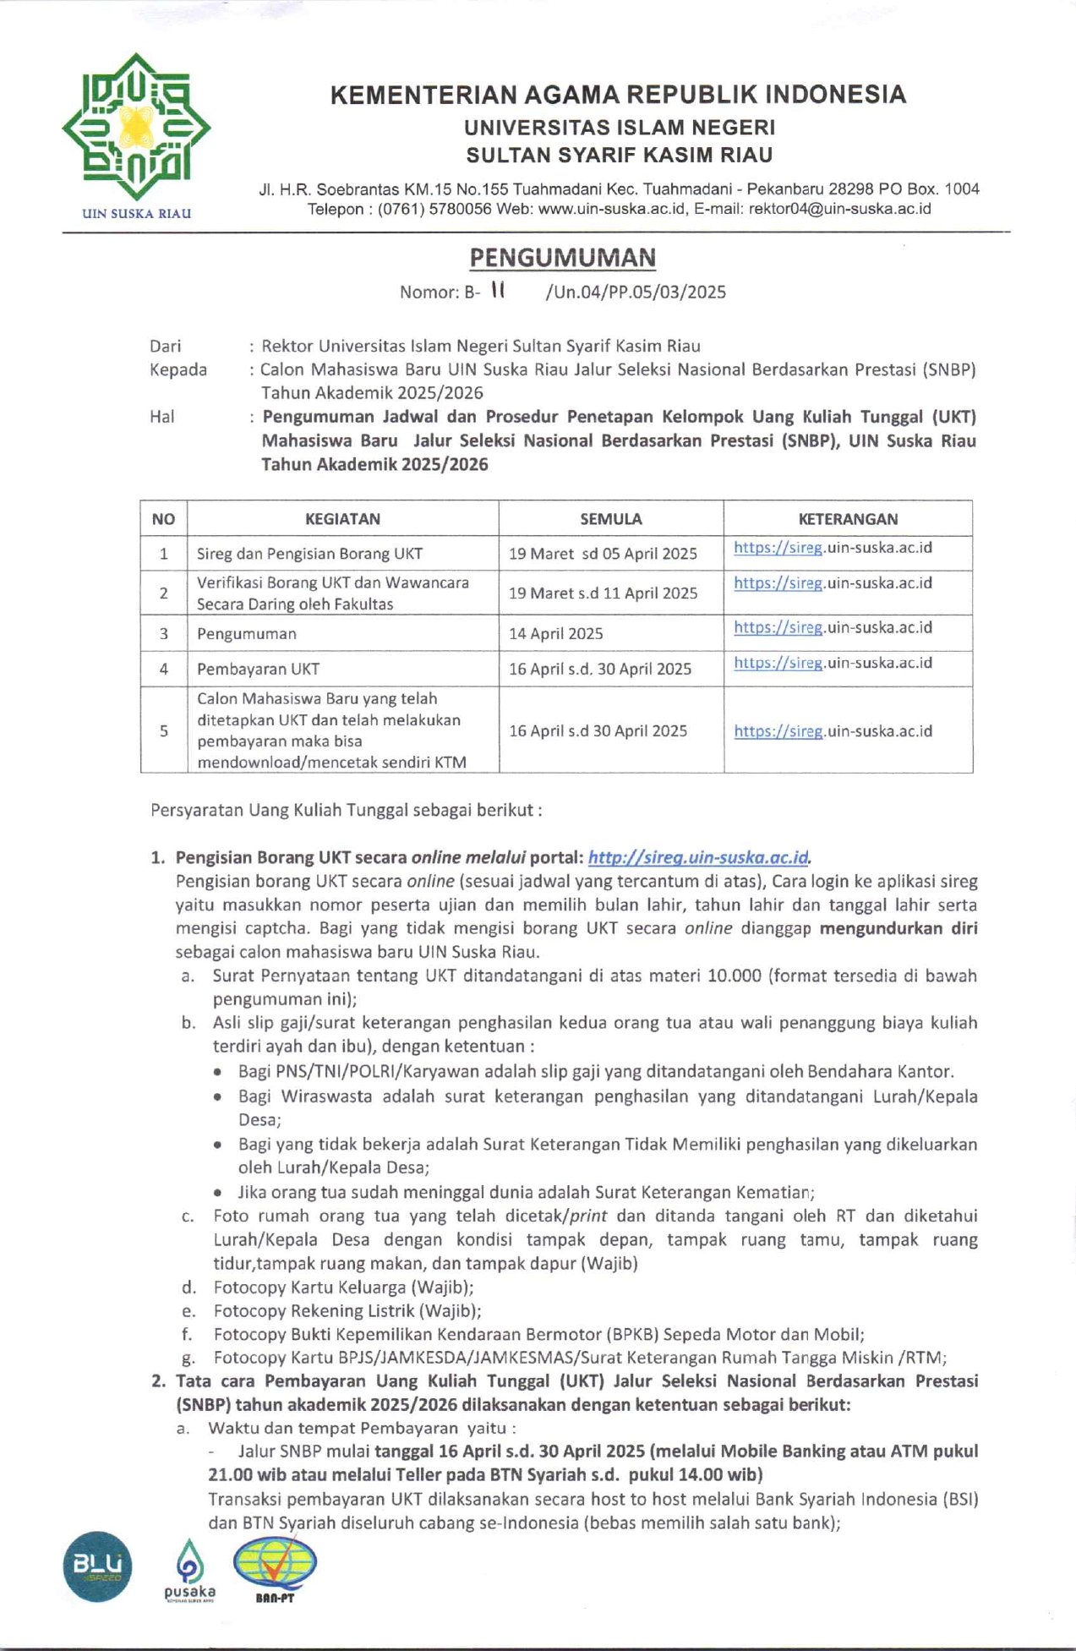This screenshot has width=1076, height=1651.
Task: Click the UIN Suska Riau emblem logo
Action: pyautogui.click(x=136, y=127)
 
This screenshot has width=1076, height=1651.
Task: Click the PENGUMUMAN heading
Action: pyautogui.click(x=562, y=257)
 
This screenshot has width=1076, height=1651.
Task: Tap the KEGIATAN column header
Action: pyautogui.click(x=342, y=519)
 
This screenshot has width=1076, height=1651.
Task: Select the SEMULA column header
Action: pyautogui.click(x=610, y=519)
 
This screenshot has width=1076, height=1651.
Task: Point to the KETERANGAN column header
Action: pyautogui.click(x=847, y=519)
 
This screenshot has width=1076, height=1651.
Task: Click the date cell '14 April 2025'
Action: pyautogui.click(x=555, y=634)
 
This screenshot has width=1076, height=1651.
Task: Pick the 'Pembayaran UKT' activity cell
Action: pyautogui.click(x=258, y=670)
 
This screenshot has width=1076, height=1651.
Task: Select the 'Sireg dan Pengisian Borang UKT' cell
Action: pyautogui.click(x=309, y=554)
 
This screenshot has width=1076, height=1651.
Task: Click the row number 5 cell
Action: pyautogui.click(x=164, y=730)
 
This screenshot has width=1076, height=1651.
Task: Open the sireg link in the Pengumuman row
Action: pyautogui.click(x=833, y=627)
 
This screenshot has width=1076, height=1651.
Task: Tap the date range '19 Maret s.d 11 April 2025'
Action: pyautogui.click(x=603, y=593)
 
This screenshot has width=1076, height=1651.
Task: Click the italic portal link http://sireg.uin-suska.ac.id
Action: pyautogui.click(x=698, y=857)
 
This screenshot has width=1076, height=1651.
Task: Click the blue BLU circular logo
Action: pyautogui.click(x=97, y=1566)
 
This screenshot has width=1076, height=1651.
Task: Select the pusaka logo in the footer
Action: pyautogui.click(x=189, y=1569)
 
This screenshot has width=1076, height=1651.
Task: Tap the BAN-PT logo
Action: pyautogui.click(x=275, y=1568)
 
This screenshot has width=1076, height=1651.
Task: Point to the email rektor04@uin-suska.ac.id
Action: pyautogui.click(x=839, y=209)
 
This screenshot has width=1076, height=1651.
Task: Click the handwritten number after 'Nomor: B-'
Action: pyautogui.click(x=498, y=290)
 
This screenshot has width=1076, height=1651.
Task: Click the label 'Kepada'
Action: pyautogui.click(x=178, y=369)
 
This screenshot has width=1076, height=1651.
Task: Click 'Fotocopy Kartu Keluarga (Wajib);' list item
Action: pyautogui.click(x=343, y=1287)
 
